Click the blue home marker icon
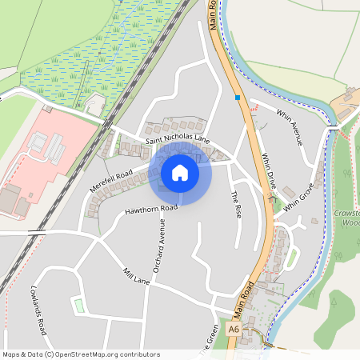point(180,173)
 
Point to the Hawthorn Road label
point(150,210)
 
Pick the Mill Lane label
point(136,277)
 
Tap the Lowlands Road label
point(40,311)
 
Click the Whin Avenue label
point(287,125)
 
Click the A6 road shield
point(233,329)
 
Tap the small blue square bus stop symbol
point(238,98)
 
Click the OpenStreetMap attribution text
point(80,354)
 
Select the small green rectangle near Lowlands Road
point(78,305)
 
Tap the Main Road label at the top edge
point(213,14)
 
